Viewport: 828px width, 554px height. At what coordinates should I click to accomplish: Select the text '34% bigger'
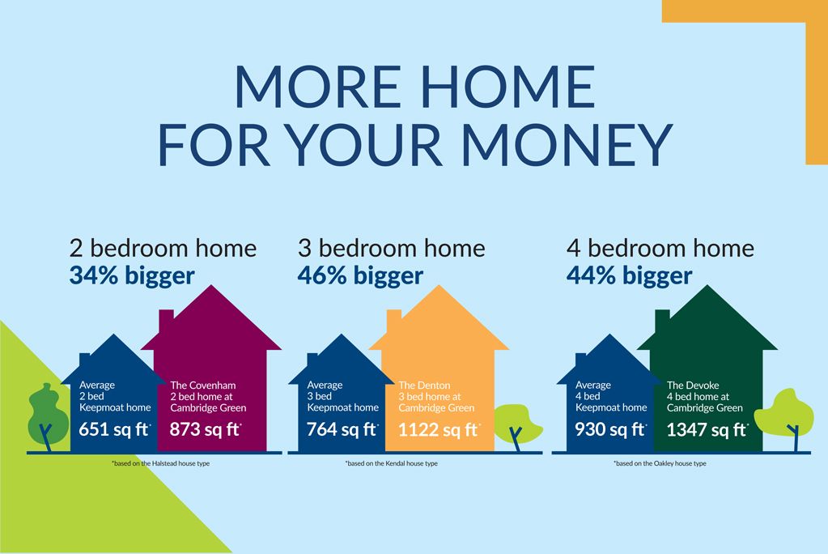click(132, 276)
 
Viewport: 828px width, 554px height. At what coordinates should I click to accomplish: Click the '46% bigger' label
click(360, 276)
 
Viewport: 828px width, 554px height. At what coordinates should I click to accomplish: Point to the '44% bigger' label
click(629, 276)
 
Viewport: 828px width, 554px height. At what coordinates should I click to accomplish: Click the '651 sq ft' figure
click(115, 429)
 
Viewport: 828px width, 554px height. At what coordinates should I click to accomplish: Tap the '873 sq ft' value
click(206, 429)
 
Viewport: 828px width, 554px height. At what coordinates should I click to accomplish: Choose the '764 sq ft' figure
click(342, 429)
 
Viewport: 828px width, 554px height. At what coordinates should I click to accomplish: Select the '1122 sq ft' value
click(439, 430)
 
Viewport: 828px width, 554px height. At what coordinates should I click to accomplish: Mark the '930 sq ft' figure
click(611, 429)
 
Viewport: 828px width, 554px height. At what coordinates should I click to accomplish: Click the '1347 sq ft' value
click(707, 430)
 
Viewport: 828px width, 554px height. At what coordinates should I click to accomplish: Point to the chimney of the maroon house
click(167, 321)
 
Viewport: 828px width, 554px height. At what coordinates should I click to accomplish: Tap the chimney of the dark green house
click(662, 321)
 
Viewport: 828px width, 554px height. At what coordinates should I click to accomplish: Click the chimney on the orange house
click(394, 321)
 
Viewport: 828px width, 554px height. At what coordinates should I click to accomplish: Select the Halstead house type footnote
click(160, 463)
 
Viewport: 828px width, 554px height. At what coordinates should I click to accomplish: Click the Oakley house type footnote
click(660, 463)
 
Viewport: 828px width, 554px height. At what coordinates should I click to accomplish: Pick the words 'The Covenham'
click(203, 386)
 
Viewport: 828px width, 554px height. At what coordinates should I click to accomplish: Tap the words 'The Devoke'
click(693, 386)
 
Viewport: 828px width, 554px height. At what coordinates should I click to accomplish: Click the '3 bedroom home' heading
click(391, 249)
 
